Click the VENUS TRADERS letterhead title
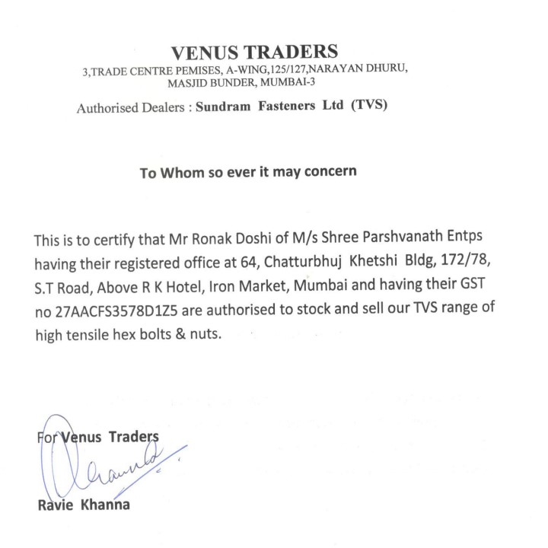(x=253, y=53)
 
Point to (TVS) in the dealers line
(x=368, y=107)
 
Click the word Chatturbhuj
(x=330, y=263)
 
